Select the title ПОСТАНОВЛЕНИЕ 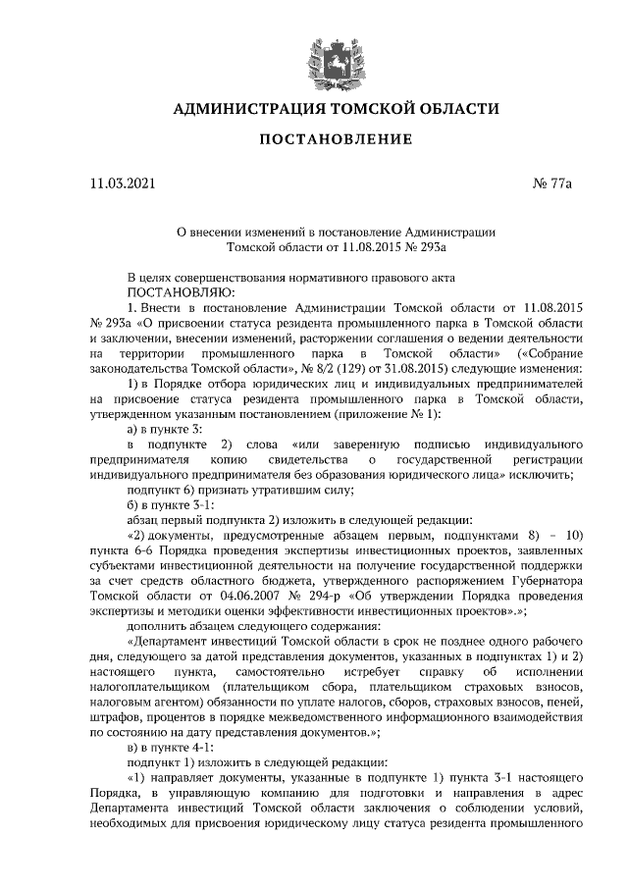[x=334, y=142]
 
